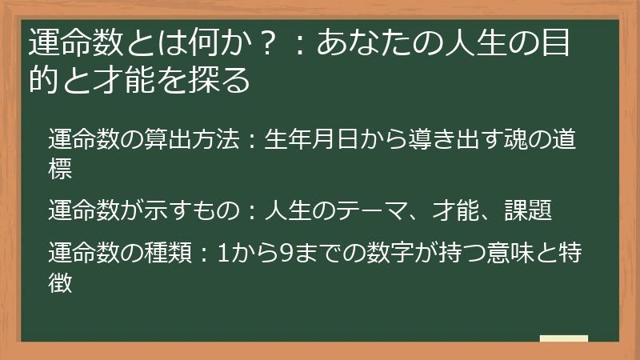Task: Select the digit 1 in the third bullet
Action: coord(223,253)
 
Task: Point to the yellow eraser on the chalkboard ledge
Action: coord(563,339)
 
